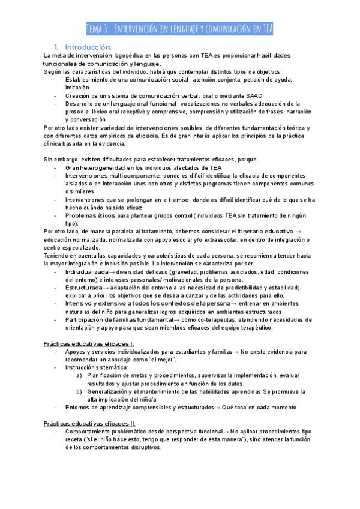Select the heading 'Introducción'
88,47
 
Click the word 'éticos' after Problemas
106,215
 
